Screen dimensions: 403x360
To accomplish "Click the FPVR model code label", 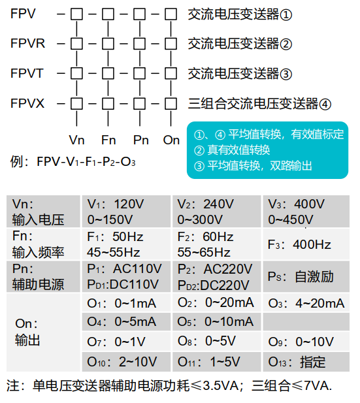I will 28,44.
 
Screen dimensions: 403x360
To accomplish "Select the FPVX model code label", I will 28,103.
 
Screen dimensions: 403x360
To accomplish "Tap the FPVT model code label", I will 27,73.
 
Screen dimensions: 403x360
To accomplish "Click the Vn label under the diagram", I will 76,140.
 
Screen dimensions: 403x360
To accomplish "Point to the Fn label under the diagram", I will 108,140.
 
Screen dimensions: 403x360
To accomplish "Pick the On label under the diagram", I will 171,140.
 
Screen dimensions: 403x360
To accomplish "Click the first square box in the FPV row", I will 77,13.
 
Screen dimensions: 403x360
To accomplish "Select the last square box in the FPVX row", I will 171,103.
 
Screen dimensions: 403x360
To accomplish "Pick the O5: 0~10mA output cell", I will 216,322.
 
